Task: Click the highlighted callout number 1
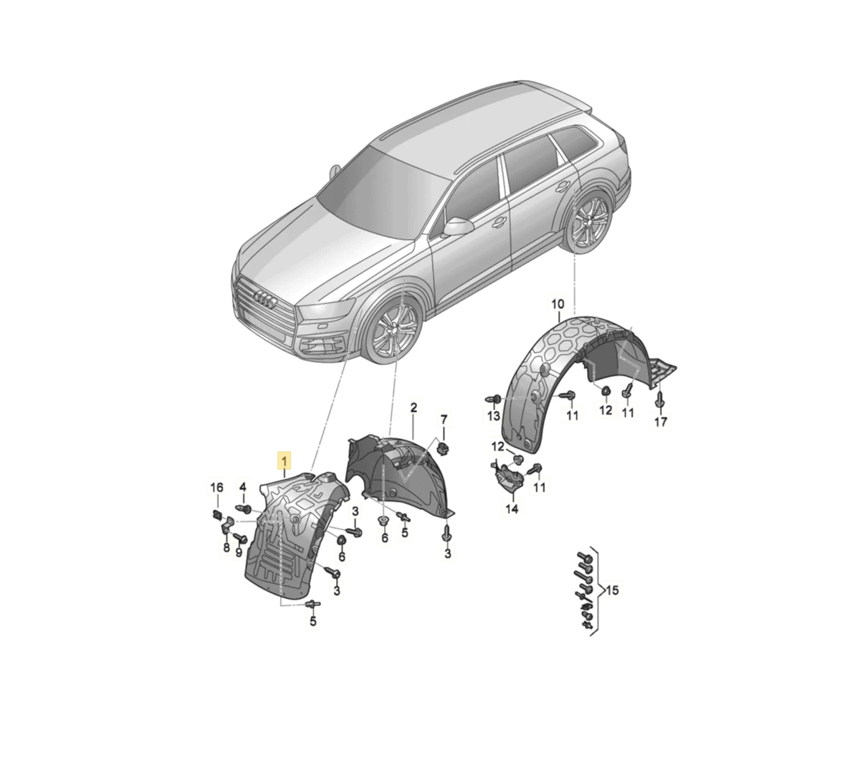tap(284, 460)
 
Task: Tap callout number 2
tap(414, 408)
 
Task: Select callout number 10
tap(558, 304)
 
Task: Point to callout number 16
tap(216, 487)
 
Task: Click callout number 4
tap(242, 486)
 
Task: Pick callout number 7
tap(444, 419)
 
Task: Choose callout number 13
tap(493, 415)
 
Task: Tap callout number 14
tap(512, 508)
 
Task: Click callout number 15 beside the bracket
tap(612, 590)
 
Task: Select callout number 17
tap(661, 422)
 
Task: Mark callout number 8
tap(226, 547)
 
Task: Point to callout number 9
tap(239, 552)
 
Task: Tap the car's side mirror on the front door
tap(458, 226)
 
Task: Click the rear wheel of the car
tap(588, 222)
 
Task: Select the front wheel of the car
tap(393, 331)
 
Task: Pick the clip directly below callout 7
tap(443, 447)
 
